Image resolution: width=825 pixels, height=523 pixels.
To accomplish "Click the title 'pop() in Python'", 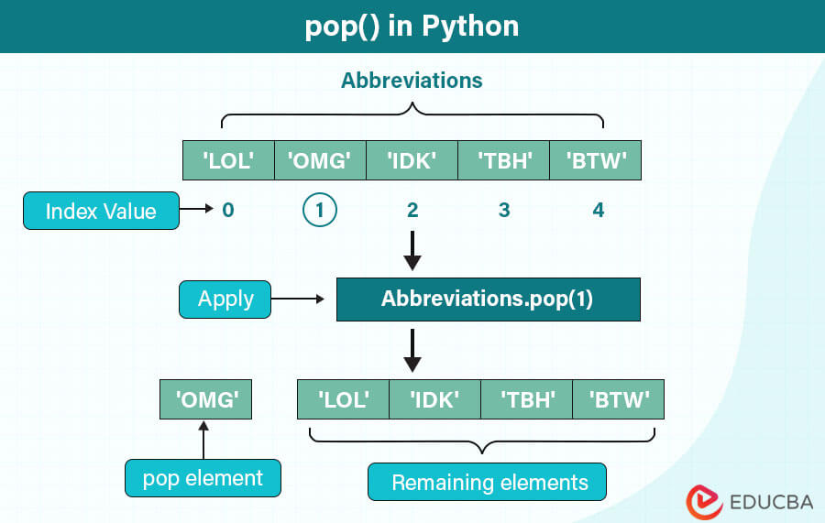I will click(412, 26).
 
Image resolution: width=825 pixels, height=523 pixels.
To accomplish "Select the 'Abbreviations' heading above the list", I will click(412, 81).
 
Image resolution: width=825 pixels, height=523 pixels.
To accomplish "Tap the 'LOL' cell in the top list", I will click(228, 160).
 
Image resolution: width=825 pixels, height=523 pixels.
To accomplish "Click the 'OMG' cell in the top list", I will click(320, 160).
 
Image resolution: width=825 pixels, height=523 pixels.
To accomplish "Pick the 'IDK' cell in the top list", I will click(412, 160).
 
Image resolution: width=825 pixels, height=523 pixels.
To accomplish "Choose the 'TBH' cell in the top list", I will click(503, 160).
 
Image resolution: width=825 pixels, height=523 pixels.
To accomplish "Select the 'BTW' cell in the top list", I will click(595, 160).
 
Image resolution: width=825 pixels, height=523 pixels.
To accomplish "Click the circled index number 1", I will click(320, 212).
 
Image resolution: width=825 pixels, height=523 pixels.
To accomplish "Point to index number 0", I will click(228, 212).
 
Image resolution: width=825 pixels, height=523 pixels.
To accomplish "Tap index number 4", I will click(599, 212).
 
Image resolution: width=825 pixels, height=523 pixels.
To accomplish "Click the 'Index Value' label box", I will click(101, 212).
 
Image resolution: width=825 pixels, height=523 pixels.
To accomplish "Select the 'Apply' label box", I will click(225, 300).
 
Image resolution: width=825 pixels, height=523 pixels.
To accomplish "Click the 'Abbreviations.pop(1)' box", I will click(488, 300).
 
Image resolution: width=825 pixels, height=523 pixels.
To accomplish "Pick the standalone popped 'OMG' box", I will click(205, 399).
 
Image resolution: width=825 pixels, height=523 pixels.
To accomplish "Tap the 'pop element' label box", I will click(203, 478).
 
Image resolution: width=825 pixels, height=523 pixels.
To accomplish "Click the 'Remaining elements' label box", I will click(488, 482).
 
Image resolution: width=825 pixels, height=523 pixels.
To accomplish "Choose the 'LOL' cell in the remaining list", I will click(344, 399).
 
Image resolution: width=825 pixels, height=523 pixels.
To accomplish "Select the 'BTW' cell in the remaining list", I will click(619, 399).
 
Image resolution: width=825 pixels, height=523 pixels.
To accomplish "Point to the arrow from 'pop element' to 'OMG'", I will click(204, 440).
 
